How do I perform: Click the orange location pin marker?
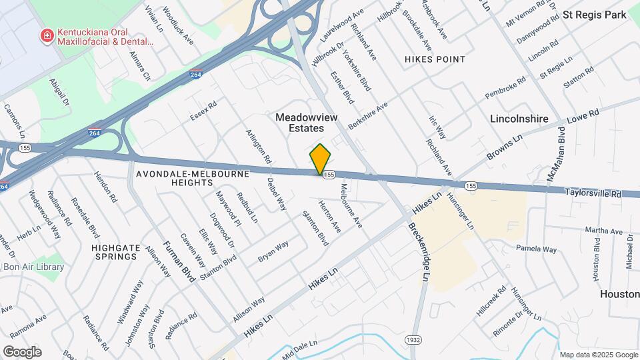coord(320,159)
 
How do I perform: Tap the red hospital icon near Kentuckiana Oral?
coord(47,35)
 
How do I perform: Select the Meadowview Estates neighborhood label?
coord(300,122)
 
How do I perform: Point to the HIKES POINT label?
coord(435,59)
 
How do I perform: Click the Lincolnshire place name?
coord(519,119)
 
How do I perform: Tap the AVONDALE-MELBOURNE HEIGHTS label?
coord(192,178)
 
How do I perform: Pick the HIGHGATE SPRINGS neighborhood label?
coord(116,252)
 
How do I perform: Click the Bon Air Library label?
coord(33,267)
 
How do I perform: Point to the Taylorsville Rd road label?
coord(593,193)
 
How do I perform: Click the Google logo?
coord(22,352)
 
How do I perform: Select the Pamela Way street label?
coord(536,249)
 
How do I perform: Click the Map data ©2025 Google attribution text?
coord(598,355)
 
